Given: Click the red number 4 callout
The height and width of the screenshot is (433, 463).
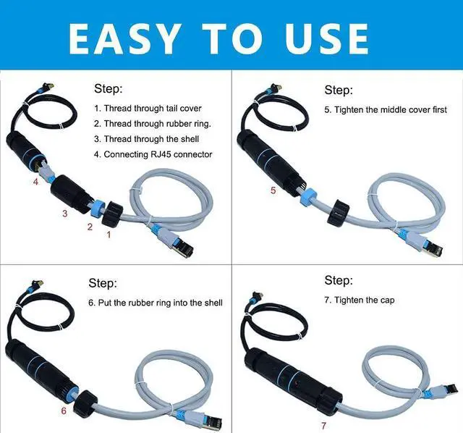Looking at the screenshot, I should point(35,182).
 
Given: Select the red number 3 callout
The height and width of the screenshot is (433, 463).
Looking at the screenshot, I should point(65,213).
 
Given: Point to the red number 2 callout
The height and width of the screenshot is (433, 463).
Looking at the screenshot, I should point(90,227).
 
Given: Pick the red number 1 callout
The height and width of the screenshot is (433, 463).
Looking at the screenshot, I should point(109,235).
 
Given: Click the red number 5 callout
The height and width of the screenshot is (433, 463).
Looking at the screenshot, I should point(273,190).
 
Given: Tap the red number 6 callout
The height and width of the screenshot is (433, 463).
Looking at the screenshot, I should point(64,411).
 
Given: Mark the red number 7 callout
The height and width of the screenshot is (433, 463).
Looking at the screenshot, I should point(323,424).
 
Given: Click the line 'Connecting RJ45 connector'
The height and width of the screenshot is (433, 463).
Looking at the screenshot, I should point(158,154).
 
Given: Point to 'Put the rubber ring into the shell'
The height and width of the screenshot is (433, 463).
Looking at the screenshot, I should point(161,303).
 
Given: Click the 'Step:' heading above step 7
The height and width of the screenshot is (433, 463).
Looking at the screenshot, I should point(339,281).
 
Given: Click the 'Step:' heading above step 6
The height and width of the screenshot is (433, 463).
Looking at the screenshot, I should point(103,283).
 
